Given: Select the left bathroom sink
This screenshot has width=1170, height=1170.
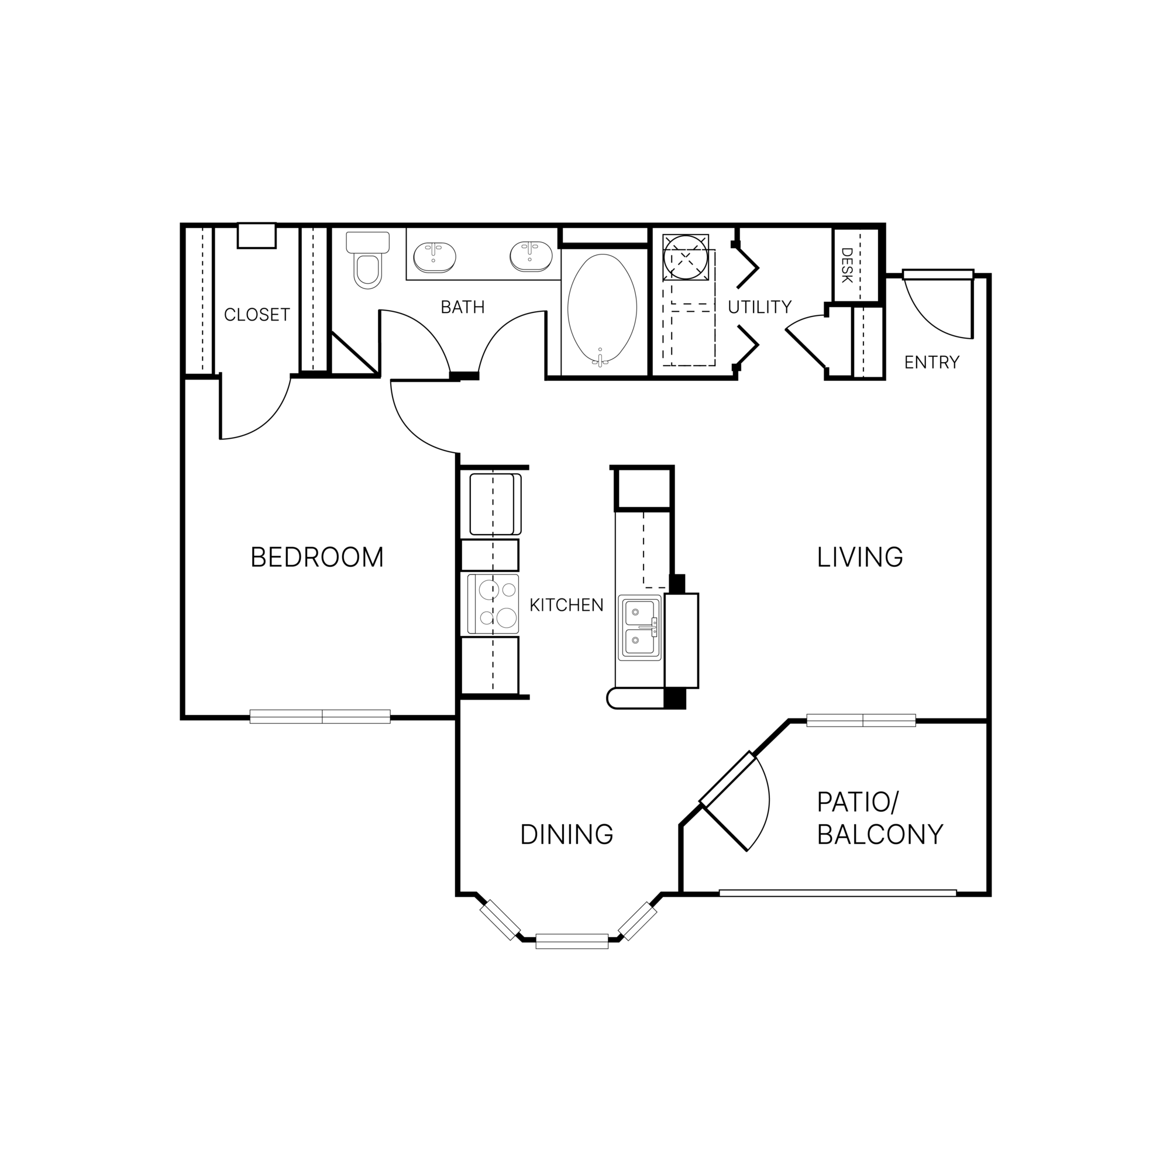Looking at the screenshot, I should point(434,256).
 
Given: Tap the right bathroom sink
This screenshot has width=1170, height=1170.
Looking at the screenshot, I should point(531,256).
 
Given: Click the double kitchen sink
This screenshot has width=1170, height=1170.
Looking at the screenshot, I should point(639,628).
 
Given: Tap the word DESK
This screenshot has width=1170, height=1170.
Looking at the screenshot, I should point(846,265).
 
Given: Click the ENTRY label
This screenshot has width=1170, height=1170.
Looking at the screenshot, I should point(931,363).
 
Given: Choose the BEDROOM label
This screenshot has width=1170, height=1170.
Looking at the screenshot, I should point(316,557).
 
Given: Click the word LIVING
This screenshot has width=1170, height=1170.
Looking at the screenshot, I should point(859,557).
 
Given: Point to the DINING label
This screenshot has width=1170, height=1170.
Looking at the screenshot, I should point(566,835).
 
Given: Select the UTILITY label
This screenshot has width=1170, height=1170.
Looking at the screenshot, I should point(759,308).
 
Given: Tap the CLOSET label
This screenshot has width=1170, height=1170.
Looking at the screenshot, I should point(257,315).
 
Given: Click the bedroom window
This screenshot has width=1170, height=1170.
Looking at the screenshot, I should point(320,717).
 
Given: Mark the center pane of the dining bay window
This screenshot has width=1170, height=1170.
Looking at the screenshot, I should point(572,941).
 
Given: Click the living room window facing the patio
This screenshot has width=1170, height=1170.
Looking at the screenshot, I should point(861,720).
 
